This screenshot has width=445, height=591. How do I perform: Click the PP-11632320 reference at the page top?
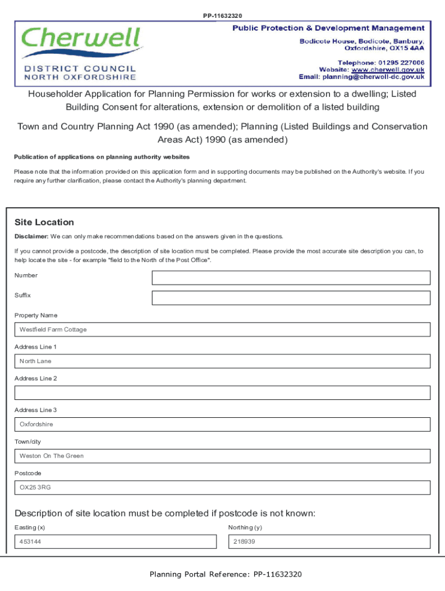222,16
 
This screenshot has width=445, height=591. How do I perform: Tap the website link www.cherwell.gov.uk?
388,69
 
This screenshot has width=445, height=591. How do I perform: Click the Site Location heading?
44,222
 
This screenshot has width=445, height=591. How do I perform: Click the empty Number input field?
291,278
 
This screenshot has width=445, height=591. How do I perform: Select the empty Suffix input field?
291,298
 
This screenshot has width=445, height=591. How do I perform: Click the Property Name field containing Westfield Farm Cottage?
222,330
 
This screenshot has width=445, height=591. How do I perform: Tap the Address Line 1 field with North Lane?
222,361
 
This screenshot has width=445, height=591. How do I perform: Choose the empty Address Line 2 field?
222,393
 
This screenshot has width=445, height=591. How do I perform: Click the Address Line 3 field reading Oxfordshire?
222,424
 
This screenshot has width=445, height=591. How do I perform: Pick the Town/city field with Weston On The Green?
222,456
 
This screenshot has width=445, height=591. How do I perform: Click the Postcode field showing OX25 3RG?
222,488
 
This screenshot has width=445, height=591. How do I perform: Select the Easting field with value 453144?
115,542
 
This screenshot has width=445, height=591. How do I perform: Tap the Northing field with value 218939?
329,542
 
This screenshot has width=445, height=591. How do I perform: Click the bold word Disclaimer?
31,237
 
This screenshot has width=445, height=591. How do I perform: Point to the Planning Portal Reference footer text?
225,574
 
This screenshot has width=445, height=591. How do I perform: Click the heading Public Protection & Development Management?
328,28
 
